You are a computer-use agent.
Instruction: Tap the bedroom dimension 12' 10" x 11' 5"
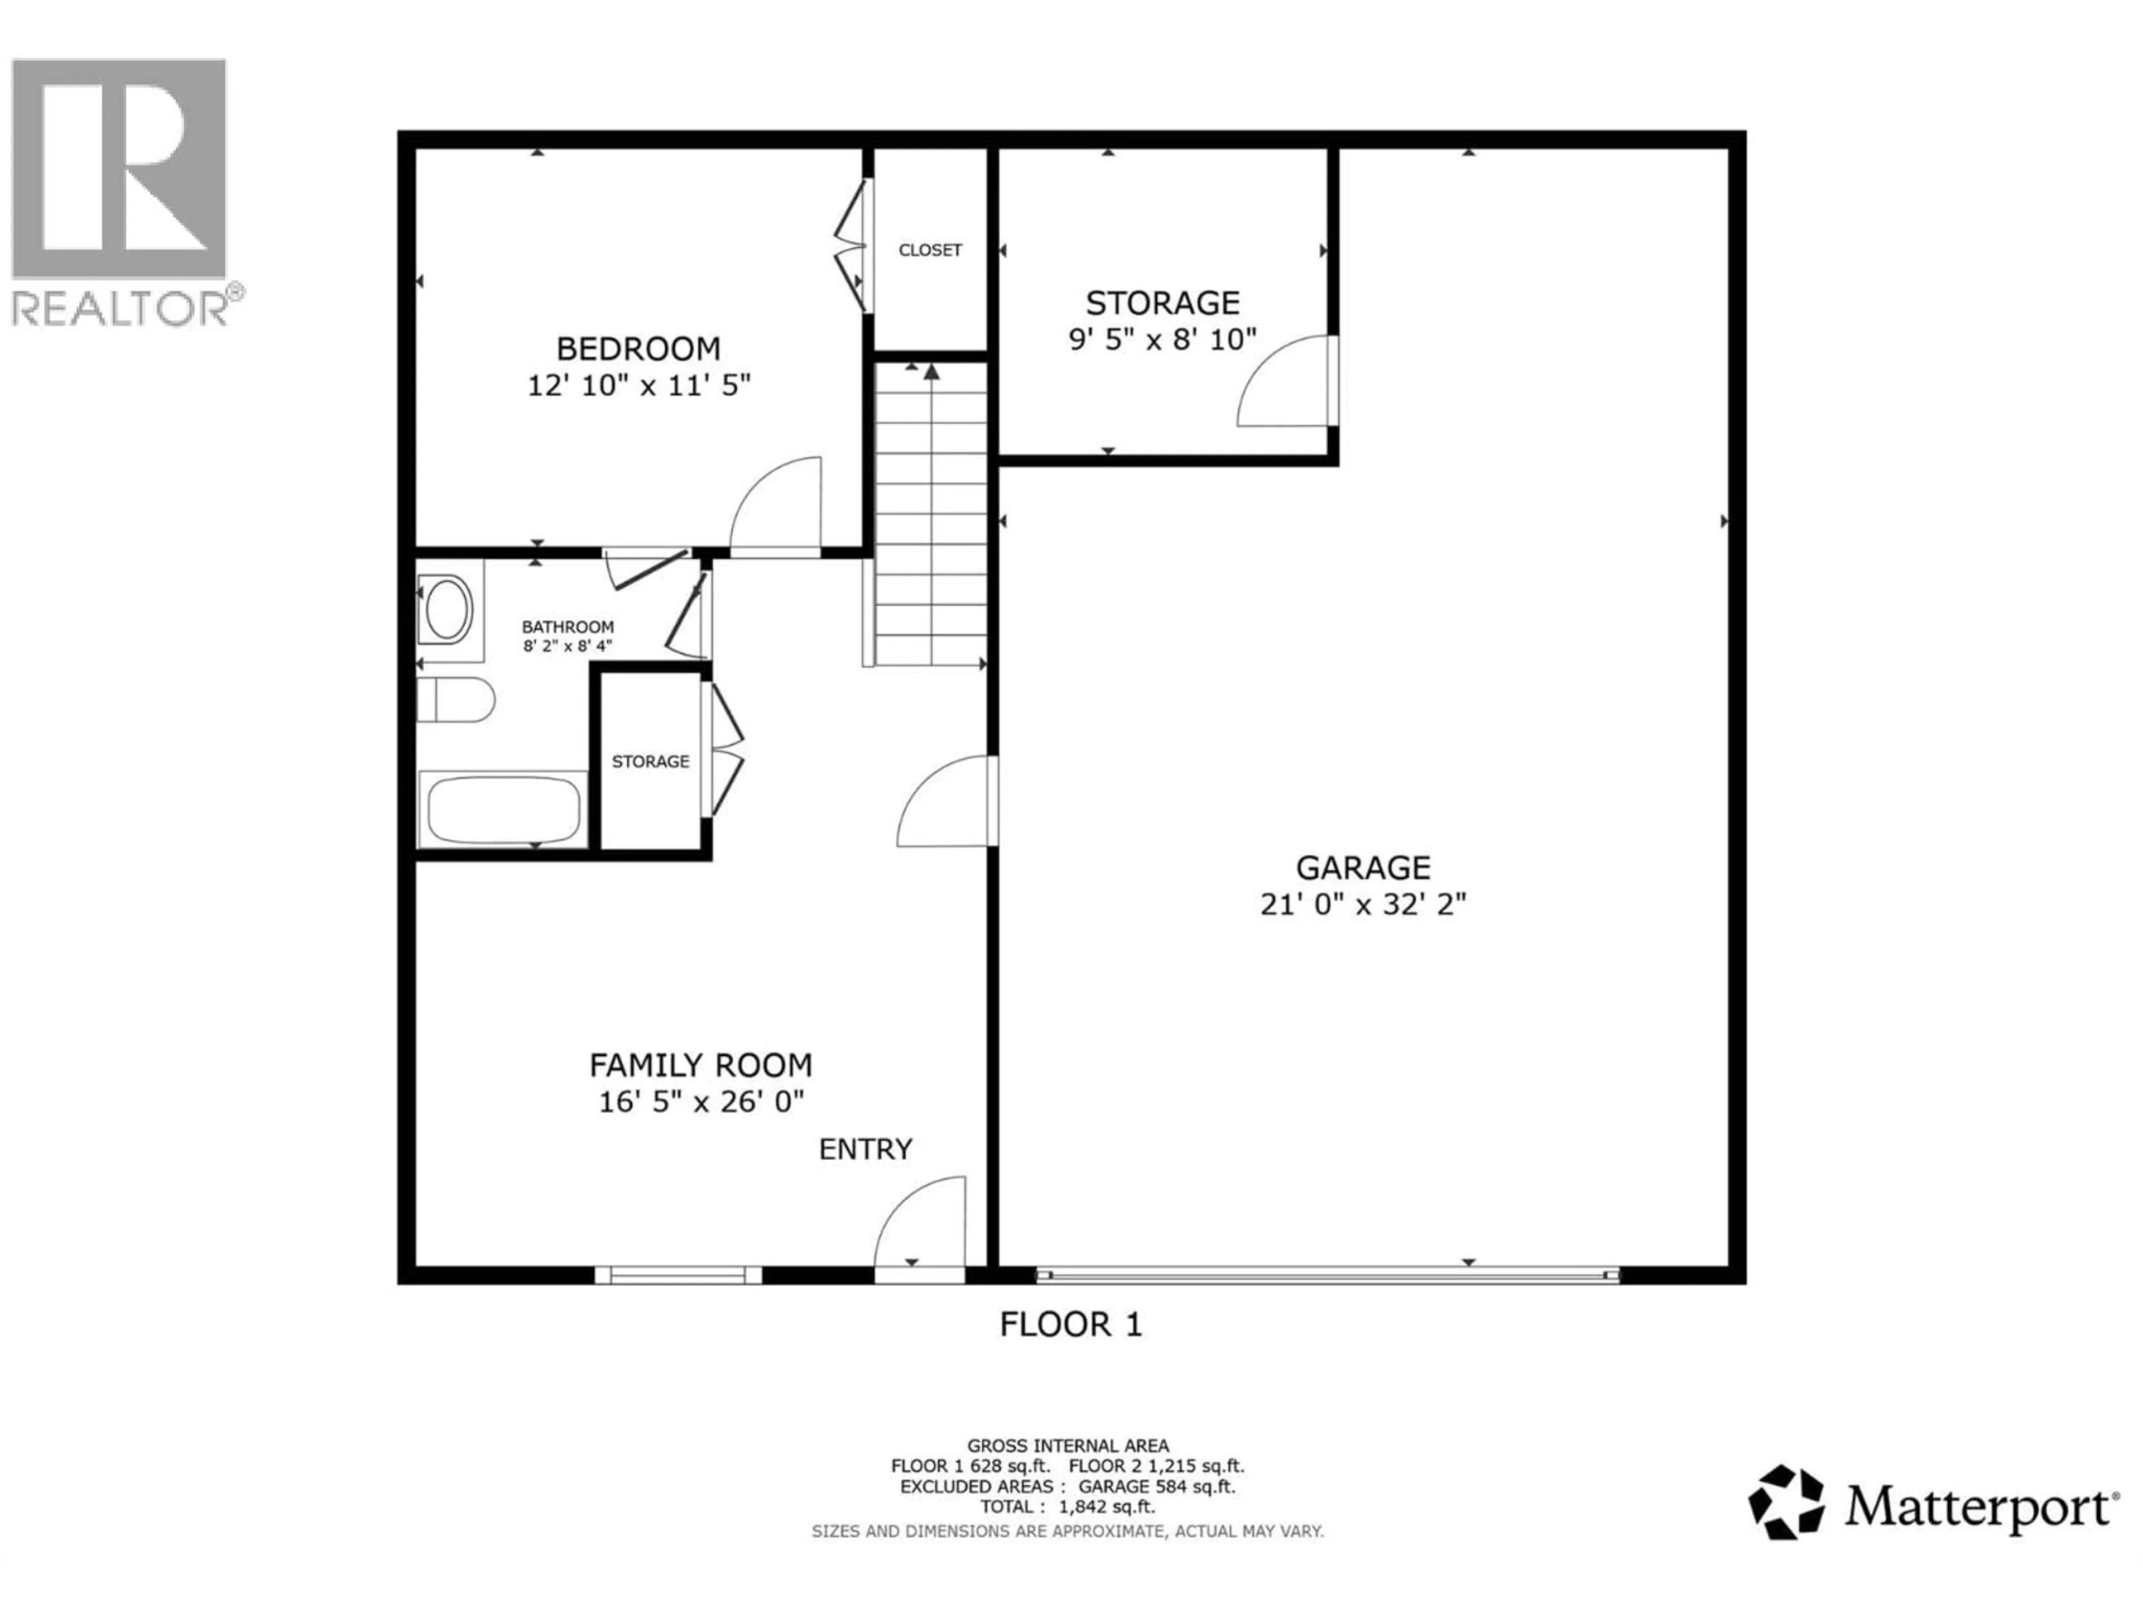click(x=638, y=386)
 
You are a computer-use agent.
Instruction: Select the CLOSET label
click(x=929, y=250)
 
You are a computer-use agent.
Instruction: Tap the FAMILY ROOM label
click(x=700, y=1065)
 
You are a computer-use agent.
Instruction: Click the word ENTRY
click(x=865, y=1150)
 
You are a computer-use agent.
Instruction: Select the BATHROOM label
click(x=568, y=627)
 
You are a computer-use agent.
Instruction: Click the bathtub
click(x=503, y=810)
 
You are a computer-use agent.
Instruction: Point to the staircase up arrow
click(x=931, y=373)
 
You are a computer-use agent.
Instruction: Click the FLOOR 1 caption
click(x=1070, y=1324)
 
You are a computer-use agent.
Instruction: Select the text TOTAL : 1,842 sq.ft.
click(x=1068, y=1506)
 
